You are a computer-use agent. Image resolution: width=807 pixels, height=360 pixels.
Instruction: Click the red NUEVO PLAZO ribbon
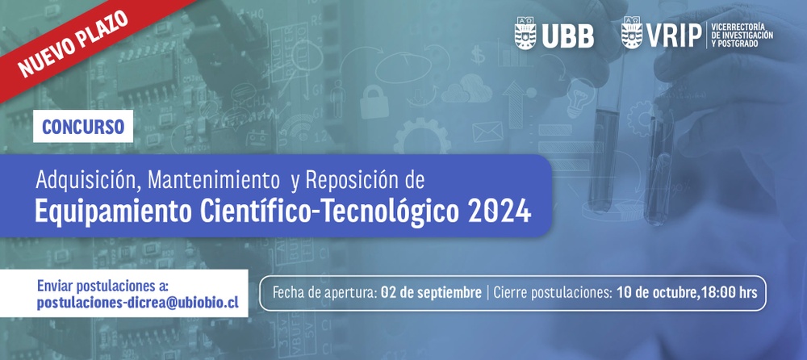point(77,41)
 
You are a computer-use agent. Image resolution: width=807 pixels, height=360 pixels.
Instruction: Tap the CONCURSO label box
point(83,126)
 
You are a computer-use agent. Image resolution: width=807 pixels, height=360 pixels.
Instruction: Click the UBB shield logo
point(525,33)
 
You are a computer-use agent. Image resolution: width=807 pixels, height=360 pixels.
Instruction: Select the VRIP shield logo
point(632,33)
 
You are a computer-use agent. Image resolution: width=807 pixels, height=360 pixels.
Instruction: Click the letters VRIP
point(674,36)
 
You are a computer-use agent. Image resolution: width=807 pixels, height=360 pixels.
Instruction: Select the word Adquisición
point(90,180)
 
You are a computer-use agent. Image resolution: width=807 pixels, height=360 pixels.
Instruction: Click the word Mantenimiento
point(210,180)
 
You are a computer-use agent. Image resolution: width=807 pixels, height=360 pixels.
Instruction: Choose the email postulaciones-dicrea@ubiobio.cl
point(138,303)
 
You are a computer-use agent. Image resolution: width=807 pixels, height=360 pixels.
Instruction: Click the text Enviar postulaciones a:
point(103,286)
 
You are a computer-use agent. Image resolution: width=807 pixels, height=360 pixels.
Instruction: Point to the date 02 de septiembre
point(431,293)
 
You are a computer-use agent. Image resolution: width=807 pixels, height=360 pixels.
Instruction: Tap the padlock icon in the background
point(374,102)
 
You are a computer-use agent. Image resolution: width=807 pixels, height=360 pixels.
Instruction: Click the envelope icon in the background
point(487,132)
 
